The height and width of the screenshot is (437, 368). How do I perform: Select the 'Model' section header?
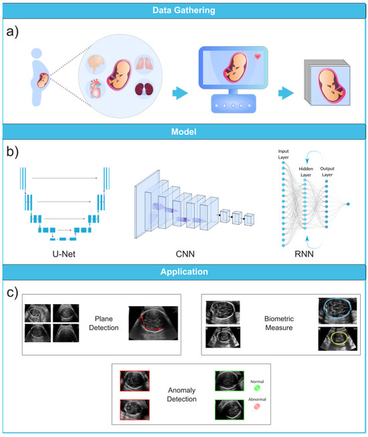[x=183, y=132]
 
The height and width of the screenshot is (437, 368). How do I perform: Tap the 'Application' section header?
[x=183, y=273]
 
